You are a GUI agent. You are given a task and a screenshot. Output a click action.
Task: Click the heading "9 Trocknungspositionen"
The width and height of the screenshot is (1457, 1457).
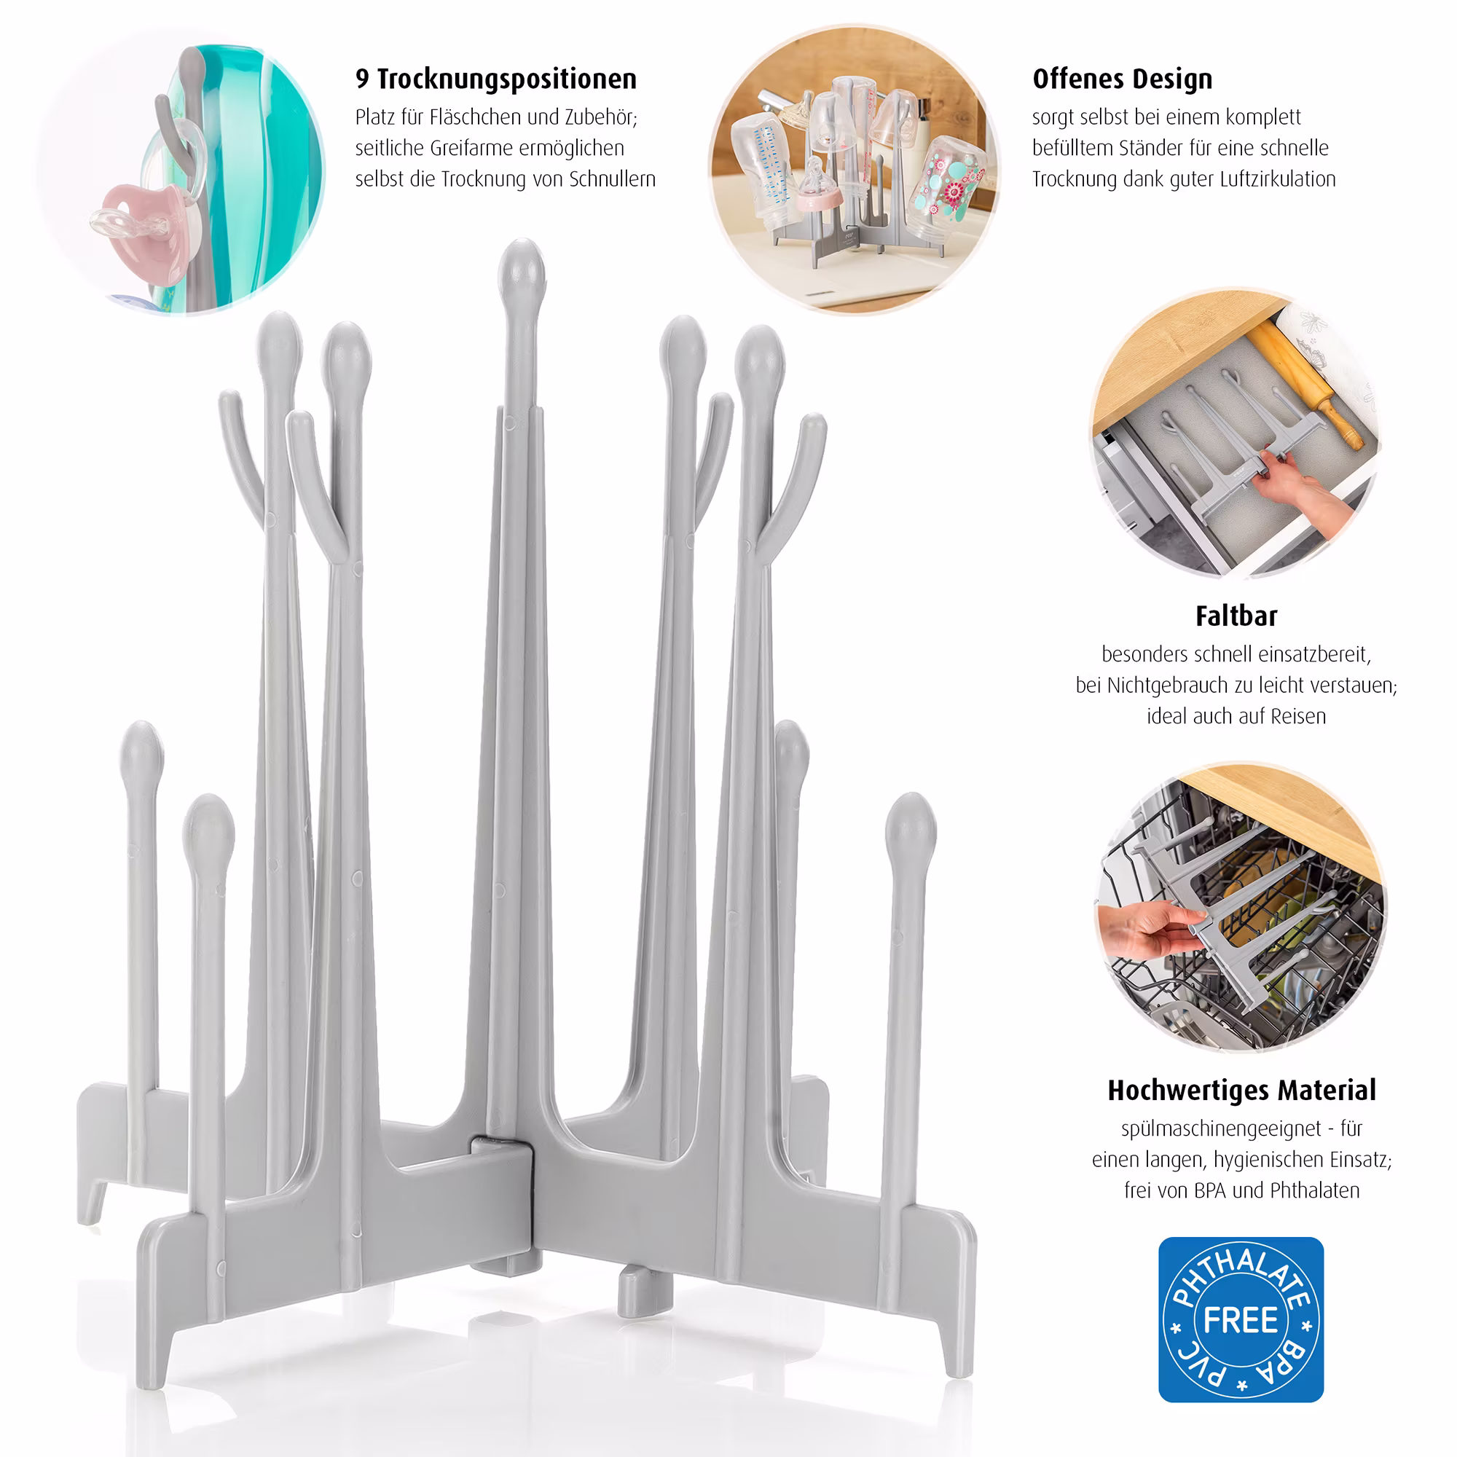(496, 79)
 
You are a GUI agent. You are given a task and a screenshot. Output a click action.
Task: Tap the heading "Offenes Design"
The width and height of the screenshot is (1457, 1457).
(1122, 79)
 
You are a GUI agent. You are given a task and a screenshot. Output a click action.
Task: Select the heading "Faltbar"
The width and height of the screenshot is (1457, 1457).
(1237, 616)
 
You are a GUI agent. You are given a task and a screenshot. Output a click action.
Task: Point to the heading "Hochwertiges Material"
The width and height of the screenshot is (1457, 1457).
(1242, 1090)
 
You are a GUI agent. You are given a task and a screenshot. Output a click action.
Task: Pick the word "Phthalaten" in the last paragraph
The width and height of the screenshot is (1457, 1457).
(1315, 1191)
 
